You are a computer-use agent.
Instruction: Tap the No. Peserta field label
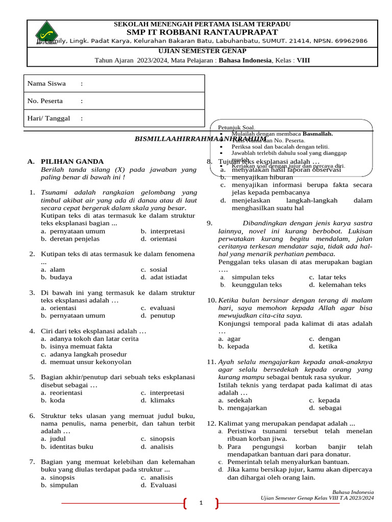click(x=45, y=101)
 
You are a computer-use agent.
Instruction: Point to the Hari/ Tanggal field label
click(x=48, y=118)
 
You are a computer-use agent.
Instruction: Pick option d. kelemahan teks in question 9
click(x=337, y=285)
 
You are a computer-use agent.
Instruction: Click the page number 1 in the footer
click(x=201, y=504)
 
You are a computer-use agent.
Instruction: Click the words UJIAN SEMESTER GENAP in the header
click(x=202, y=51)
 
